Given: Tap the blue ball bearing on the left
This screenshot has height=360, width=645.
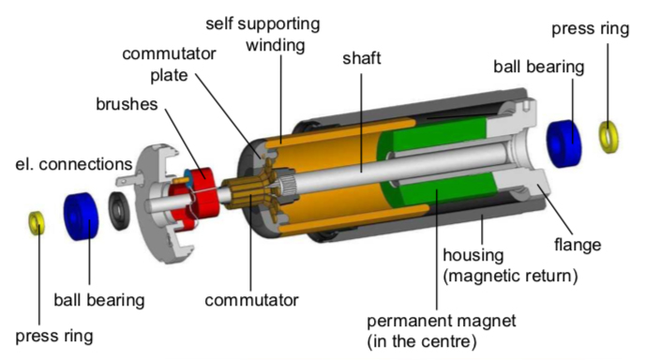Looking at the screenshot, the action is pos(81,216).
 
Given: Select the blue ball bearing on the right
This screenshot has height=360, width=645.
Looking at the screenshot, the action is pos(564,143).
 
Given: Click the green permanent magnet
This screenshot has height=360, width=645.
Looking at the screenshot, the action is pos(436,165).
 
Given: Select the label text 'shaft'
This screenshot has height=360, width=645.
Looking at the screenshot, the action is pos(362,58).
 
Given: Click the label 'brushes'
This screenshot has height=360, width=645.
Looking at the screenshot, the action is pos(127,104).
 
